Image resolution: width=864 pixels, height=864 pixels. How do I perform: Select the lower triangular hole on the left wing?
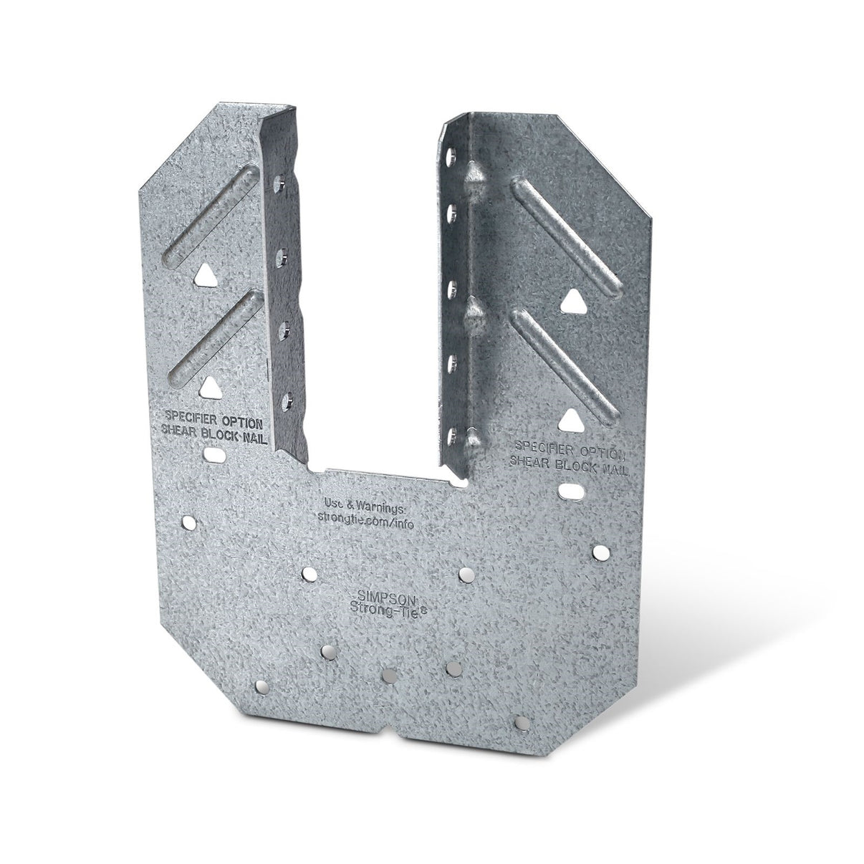click(x=208, y=387)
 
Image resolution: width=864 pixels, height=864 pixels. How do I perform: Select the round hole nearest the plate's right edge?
click(x=600, y=552)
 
